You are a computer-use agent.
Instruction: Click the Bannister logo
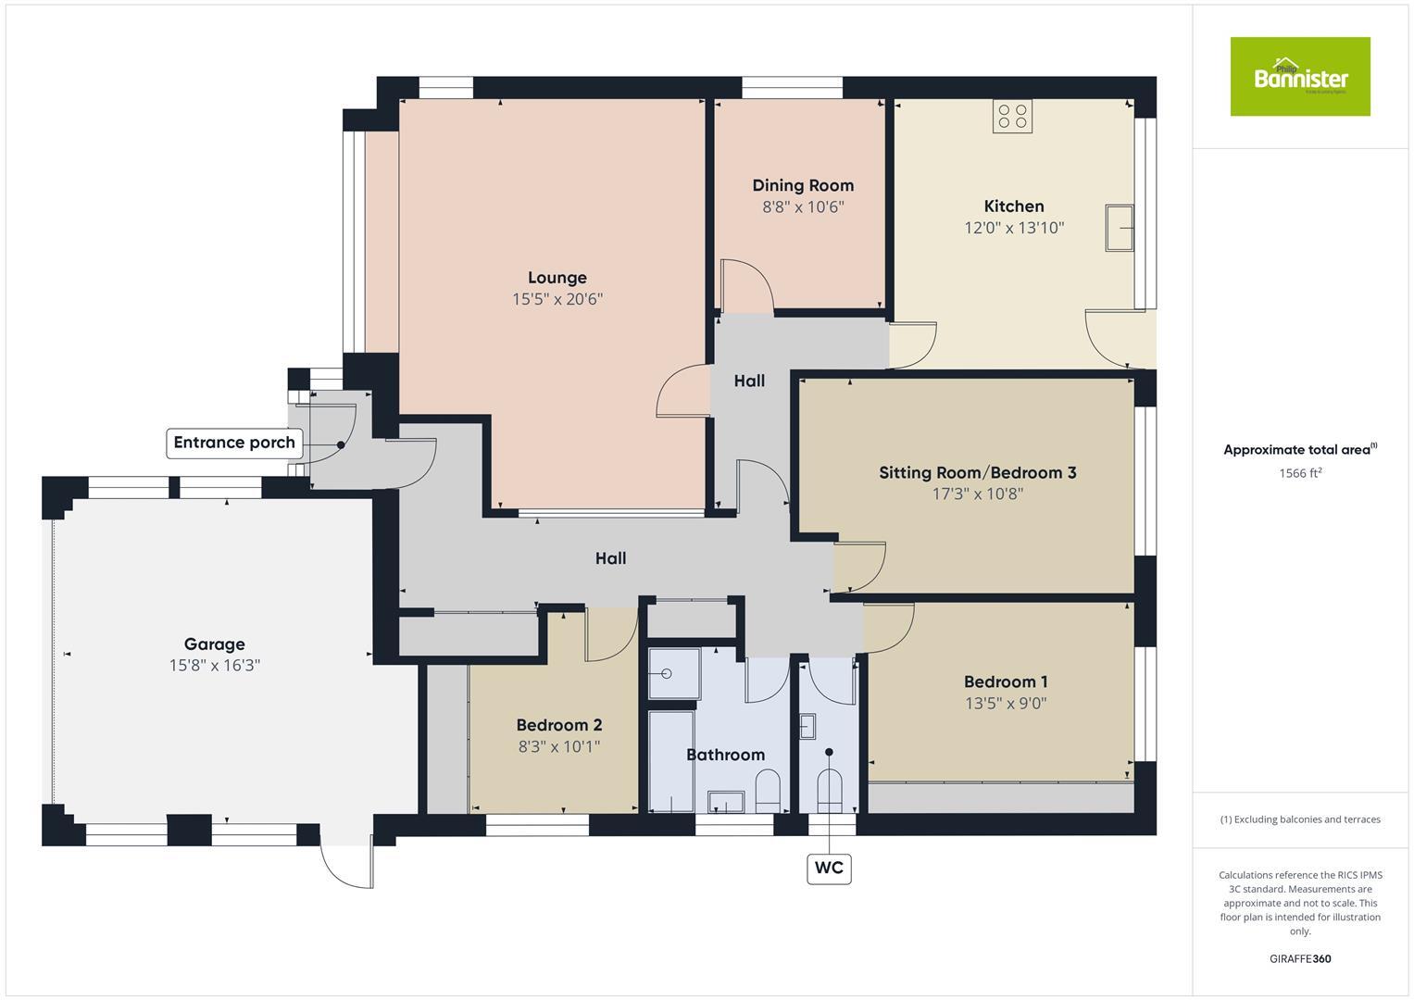click(1299, 77)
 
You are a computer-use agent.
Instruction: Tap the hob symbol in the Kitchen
click(1012, 117)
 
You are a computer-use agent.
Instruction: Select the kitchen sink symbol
click(1120, 227)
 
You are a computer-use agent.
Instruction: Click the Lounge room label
click(557, 278)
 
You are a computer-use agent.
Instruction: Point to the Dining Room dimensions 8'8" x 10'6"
click(803, 207)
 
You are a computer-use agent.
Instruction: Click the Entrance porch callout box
click(234, 443)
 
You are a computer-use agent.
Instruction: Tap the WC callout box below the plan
click(829, 868)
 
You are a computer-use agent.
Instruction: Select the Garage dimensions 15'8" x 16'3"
click(215, 666)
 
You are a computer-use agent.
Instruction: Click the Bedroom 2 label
click(559, 725)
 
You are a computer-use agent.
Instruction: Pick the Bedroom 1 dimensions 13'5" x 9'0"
click(1006, 704)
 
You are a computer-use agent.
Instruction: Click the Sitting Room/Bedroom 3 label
click(977, 473)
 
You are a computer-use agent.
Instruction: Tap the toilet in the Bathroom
click(769, 791)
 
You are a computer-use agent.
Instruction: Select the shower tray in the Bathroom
click(673, 673)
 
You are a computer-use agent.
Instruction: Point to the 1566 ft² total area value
click(1299, 473)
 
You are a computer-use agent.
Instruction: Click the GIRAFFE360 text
click(1299, 959)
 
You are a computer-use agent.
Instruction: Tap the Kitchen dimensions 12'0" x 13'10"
click(1014, 228)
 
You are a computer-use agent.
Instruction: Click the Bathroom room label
click(725, 756)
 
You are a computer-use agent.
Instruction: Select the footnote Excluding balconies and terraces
click(1299, 819)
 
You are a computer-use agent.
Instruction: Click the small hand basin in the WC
click(807, 725)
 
